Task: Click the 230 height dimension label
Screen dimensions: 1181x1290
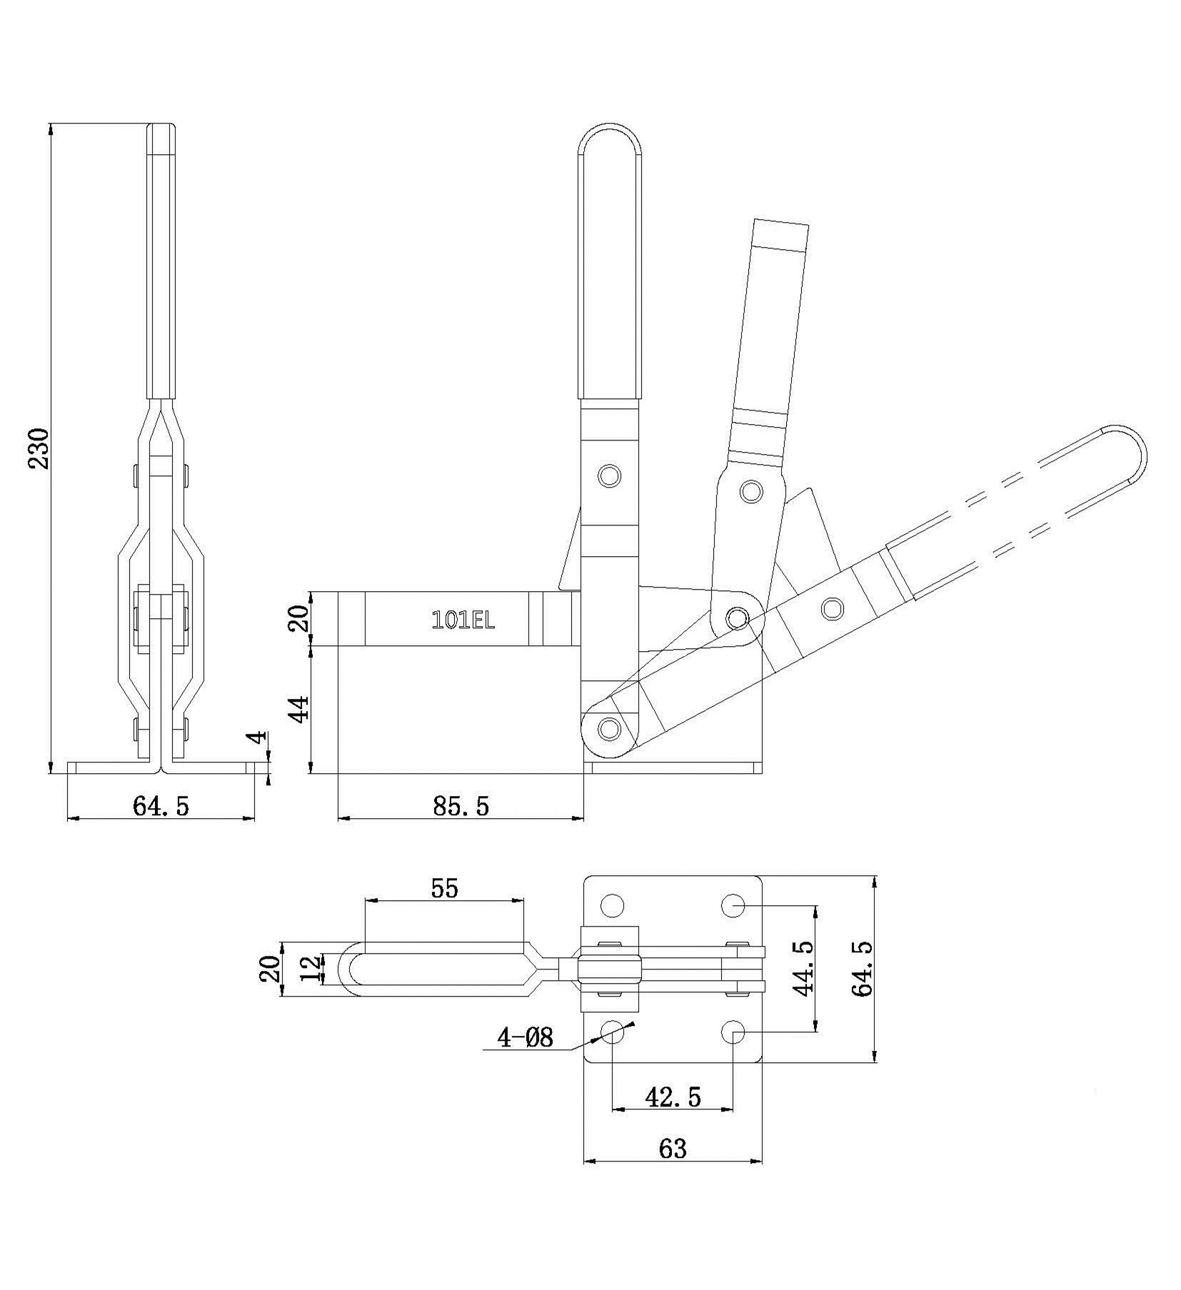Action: pos(39,448)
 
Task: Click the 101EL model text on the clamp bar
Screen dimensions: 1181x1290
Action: pos(463,620)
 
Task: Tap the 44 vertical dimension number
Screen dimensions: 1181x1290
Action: pos(300,709)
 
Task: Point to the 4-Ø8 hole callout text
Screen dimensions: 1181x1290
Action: pos(526,1037)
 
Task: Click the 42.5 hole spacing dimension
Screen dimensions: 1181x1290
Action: pos(673,1097)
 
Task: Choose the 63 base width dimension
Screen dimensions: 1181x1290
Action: pos(673,1169)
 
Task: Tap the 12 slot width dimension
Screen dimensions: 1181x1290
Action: pos(311,969)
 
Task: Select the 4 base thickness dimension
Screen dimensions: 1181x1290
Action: pos(258,736)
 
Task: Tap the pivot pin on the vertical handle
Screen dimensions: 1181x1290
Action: pos(609,475)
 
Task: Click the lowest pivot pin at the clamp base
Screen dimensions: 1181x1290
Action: pos(608,729)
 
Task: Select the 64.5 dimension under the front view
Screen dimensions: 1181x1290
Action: pos(161,806)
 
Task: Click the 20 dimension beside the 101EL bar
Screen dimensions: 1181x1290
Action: pos(300,618)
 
